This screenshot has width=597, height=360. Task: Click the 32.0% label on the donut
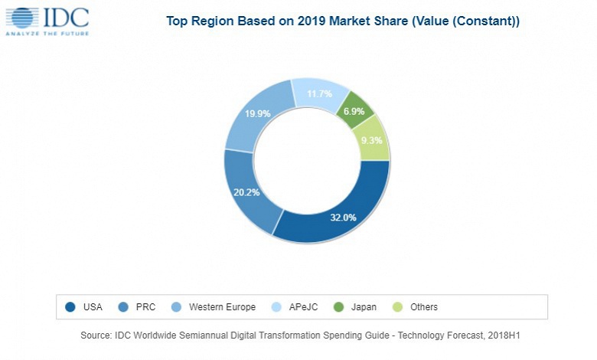pos(344,218)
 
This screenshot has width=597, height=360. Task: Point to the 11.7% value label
pos(318,94)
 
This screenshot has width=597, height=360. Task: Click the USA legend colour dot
pos(71,307)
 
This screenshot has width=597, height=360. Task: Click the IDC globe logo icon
pos(22,18)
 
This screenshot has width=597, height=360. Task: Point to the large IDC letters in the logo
pos(65,17)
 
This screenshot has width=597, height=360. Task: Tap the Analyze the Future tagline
pos(48,34)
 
